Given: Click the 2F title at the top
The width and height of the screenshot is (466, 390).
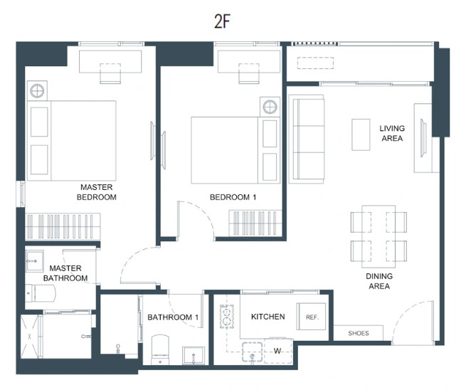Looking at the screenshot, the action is click(222, 21).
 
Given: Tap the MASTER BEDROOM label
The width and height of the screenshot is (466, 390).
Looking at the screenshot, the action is click(97, 192).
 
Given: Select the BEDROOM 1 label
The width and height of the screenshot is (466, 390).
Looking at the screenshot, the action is click(233, 197).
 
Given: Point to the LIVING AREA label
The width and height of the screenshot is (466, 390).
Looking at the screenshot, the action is click(392, 133).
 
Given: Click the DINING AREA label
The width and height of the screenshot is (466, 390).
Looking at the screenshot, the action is click(379, 281).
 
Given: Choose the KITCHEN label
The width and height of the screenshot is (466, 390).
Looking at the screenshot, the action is click(268, 317).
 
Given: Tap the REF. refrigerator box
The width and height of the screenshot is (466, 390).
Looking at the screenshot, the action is click(311, 317).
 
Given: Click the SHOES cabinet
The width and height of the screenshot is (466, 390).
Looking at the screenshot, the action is click(359, 333).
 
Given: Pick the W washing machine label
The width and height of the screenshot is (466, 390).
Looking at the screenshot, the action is click(277, 351).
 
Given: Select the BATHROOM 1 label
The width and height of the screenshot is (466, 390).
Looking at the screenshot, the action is click(173, 317).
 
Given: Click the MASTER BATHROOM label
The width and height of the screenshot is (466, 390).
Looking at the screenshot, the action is click(65, 273).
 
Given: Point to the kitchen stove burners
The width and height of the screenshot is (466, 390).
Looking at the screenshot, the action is click(227, 316).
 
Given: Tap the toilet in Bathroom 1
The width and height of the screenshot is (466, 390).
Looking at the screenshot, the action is click(160, 350).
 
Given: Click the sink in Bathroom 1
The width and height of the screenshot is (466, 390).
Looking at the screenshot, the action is click(194, 356).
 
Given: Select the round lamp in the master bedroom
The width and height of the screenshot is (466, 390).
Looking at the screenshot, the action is click(37, 90).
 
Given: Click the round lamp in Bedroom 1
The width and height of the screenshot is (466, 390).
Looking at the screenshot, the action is click(270, 107).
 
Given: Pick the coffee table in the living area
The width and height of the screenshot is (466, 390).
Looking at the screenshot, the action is click(361, 135).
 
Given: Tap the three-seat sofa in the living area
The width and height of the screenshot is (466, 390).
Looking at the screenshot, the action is click(307, 139).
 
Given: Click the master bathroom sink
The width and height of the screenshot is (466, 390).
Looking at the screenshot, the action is click(35, 260).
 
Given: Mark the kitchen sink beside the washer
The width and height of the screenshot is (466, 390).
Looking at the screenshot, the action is click(253, 352).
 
